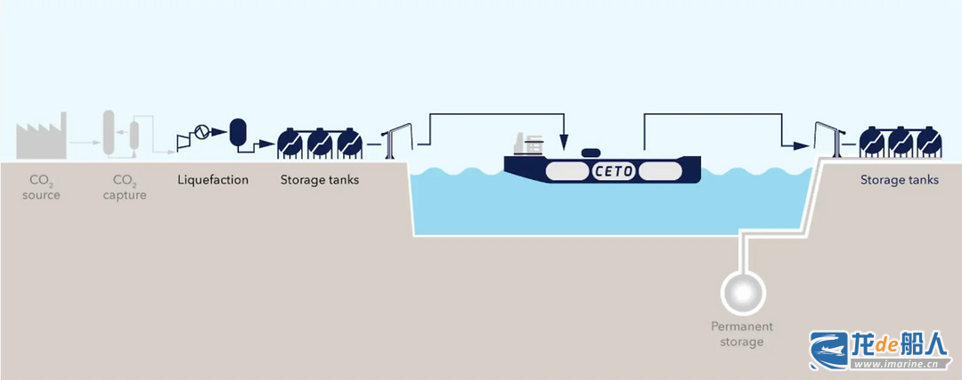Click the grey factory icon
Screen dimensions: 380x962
click(x=41, y=138)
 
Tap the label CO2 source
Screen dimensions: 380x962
click(x=41, y=187)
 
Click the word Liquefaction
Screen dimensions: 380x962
click(x=213, y=180)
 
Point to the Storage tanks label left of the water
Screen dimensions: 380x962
click(x=320, y=180)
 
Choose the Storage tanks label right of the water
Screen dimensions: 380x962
click(x=899, y=180)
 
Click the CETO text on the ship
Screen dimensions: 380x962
click(x=615, y=169)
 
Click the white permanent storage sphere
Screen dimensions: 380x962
click(x=743, y=290)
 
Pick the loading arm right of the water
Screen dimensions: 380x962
click(x=826, y=137)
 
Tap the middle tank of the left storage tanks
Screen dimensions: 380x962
click(x=320, y=142)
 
